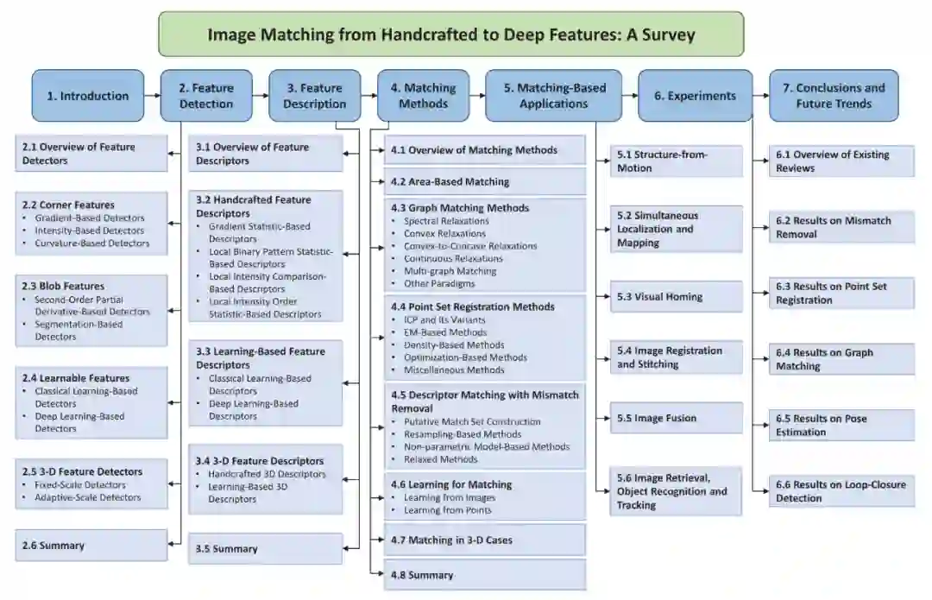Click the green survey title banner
coord(450,35)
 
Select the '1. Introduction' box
coord(88,96)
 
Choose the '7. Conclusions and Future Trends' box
coord(834,96)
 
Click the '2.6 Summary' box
coord(91,546)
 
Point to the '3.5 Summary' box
coord(265,549)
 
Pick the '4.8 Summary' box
coord(485,575)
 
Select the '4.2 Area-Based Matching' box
coord(485,181)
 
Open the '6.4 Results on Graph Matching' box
coord(841,359)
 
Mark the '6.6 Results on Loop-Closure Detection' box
coord(841,491)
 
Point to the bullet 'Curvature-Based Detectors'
coord(92,243)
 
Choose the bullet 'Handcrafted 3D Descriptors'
coord(267,474)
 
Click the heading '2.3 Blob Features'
coord(63,286)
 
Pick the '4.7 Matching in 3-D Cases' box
coord(485,540)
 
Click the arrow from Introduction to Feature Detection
coord(153,96)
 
